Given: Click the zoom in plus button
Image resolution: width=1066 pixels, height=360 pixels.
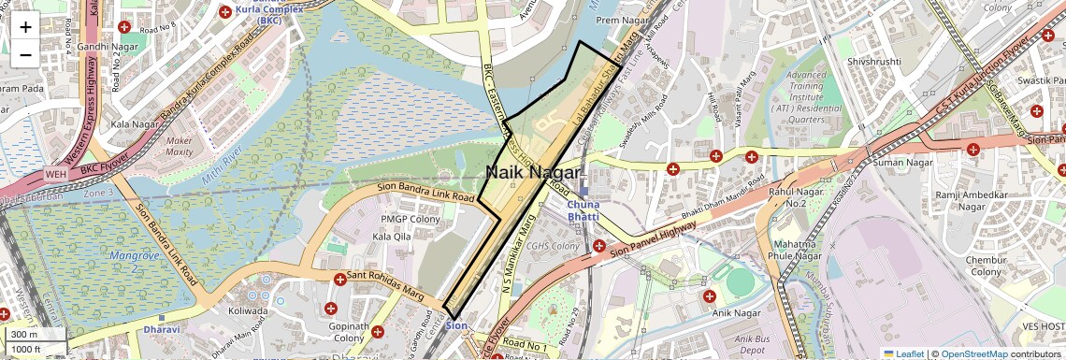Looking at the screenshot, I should tap(25, 27).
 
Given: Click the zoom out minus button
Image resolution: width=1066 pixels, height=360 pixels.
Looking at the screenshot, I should tap(25, 54).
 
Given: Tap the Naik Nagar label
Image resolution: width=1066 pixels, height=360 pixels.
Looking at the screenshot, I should tap(526, 173).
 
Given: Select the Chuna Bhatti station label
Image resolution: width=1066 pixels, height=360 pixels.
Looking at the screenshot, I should tap(583, 210).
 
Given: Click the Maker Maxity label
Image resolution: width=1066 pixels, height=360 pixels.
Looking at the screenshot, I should tap(179, 146).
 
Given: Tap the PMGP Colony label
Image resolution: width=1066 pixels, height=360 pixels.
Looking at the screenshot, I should tap(411, 219).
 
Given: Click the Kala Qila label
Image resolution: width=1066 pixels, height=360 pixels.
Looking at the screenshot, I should tap(392, 238).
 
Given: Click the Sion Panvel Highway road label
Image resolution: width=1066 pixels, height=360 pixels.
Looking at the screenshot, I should tap(655, 234).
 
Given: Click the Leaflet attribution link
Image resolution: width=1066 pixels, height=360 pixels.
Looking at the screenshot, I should tap(903, 354).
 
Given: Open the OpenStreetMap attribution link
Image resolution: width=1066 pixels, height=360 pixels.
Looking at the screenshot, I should tap(974, 354).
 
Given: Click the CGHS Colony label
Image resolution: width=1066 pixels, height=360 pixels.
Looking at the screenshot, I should tap(553, 247).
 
